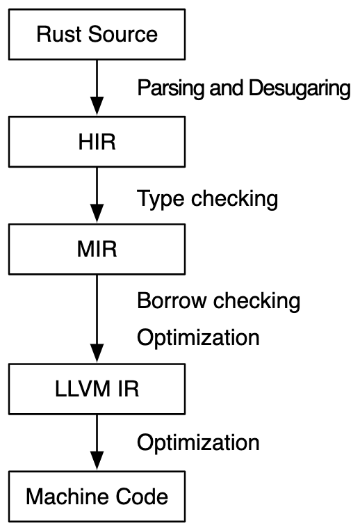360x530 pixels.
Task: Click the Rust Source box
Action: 97,35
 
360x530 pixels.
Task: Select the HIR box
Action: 97,142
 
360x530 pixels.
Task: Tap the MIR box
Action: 97,249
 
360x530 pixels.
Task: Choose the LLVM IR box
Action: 97,389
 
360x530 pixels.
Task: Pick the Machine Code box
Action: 97,496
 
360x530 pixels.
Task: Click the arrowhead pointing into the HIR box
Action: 97,106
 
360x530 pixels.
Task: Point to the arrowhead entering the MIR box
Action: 97,214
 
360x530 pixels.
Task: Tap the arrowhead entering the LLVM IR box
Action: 97,353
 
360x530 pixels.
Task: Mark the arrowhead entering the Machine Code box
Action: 97,460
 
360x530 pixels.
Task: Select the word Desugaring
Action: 300,88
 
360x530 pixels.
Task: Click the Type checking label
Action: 207,199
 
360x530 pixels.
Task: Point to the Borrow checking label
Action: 218,301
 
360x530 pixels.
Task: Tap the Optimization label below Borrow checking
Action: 198,338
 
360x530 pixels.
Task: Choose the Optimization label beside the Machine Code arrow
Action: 198,443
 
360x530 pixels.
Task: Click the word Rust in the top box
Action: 59,35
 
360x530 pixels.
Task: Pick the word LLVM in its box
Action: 83,389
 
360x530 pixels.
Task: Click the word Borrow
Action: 172,301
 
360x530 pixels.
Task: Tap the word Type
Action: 161,199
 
